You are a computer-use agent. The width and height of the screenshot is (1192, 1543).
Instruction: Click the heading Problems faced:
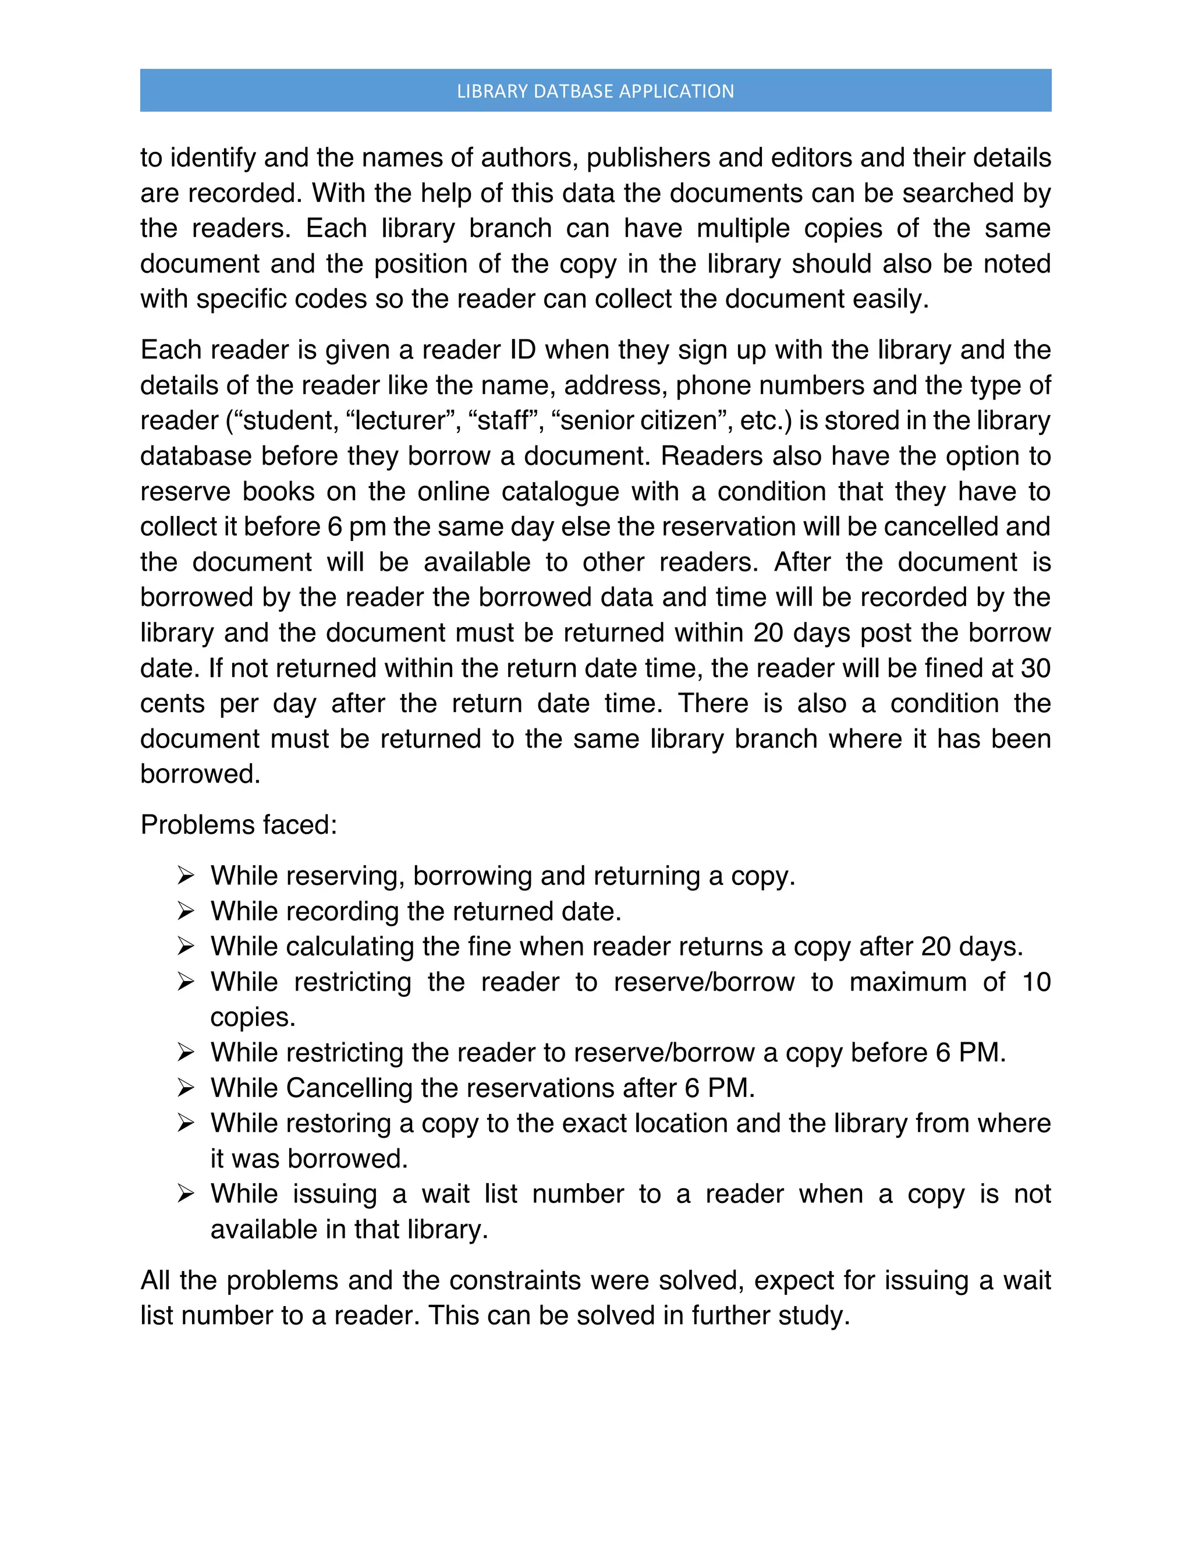(239, 824)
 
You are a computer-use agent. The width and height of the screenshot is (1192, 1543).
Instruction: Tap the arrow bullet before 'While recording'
(186, 911)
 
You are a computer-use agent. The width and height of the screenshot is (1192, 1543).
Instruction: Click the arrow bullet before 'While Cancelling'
(186, 1088)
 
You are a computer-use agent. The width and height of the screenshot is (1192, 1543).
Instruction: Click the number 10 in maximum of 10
(1036, 982)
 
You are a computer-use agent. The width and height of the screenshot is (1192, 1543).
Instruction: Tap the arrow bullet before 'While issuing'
(186, 1194)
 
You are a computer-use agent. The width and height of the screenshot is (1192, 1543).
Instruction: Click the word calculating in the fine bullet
(350, 947)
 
